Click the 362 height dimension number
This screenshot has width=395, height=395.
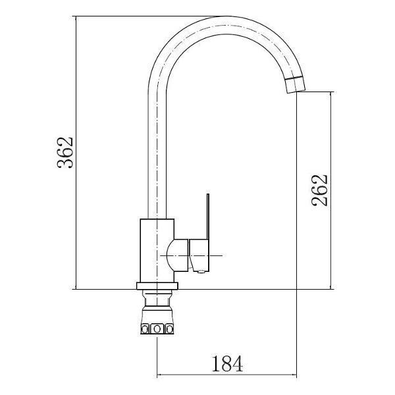(65, 153)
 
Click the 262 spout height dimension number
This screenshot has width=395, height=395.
(320, 190)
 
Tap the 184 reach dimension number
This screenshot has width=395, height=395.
(227, 363)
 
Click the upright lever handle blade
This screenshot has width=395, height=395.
(208, 216)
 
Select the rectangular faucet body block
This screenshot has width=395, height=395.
(157, 251)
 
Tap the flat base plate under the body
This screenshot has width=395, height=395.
(157, 286)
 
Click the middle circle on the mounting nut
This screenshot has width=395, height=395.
(157, 329)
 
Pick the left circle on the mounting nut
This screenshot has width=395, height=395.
(145, 329)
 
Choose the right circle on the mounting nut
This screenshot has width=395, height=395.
(170, 329)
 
